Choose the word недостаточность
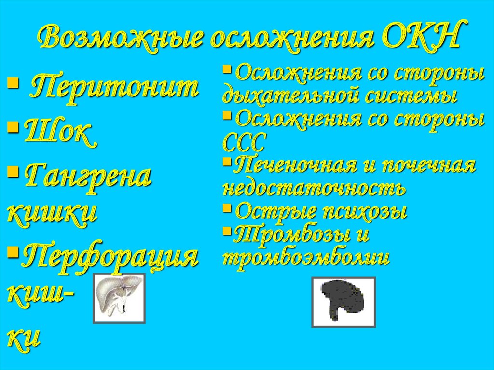coord(314,189)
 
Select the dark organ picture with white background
coord(343,302)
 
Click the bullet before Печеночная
coord(227,161)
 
